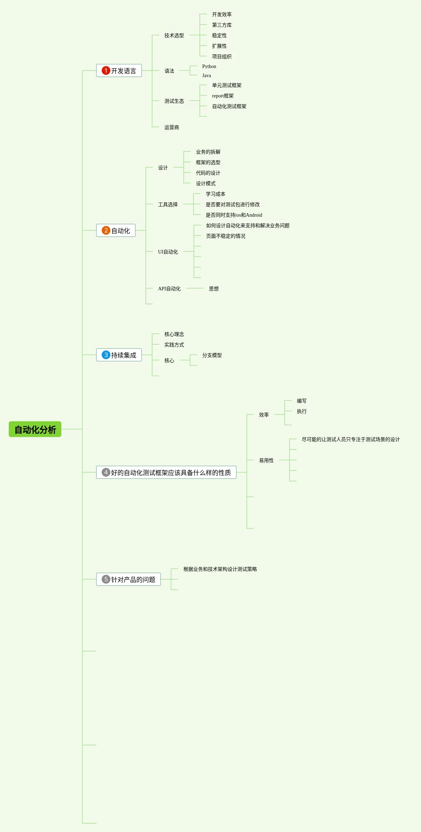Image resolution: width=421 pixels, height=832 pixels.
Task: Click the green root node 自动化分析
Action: [x=35, y=429]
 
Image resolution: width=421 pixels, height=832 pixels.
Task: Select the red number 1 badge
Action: [x=106, y=70]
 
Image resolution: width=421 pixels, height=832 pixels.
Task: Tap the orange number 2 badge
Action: [x=106, y=230]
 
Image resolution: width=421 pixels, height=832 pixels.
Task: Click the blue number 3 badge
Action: [x=106, y=355]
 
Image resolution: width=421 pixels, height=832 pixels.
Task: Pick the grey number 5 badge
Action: [x=106, y=579]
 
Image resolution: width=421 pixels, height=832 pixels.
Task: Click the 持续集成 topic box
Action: [x=119, y=355]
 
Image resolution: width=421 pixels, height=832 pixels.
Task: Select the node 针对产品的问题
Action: [x=133, y=580]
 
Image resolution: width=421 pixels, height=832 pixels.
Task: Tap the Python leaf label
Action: [x=209, y=66]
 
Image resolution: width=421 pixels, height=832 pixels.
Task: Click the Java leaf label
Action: [x=206, y=75]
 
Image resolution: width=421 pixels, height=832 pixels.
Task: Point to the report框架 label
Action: [x=223, y=96]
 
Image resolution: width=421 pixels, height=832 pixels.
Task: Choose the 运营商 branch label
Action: [x=171, y=127]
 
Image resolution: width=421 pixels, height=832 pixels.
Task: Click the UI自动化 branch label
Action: [x=168, y=252]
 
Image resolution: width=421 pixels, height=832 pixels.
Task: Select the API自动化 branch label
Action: [x=169, y=289]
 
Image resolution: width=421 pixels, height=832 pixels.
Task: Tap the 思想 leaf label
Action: [x=213, y=289]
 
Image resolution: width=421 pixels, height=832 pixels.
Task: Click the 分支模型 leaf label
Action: [x=212, y=355]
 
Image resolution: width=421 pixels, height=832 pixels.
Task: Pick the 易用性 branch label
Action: [x=266, y=460]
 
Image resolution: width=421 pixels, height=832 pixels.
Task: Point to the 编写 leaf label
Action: [x=301, y=401]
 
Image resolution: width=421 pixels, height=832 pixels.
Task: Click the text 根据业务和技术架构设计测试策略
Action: [x=220, y=569]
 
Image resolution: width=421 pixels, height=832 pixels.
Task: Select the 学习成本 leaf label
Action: [x=215, y=194]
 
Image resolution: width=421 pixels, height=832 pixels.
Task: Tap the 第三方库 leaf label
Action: [x=222, y=25]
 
